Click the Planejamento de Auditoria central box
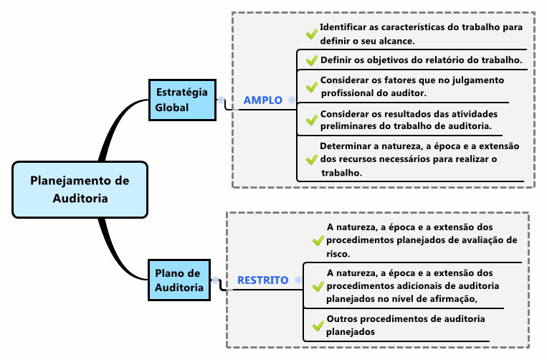(x=80, y=190)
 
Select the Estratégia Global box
(x=182, y=100)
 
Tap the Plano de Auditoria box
(x=179, y=280)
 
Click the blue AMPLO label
(x=262, y=100)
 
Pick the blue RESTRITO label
(x=262, y=280)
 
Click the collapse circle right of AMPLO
(x=292, y=100)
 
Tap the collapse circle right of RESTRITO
(x=298, y=280)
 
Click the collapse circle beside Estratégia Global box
(x=222, y=100)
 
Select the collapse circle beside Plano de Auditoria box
(x=215, y=280)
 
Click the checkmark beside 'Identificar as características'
(x=312, y=34)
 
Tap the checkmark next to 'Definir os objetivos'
(x=312, y=60)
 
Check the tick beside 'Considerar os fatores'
(x=312, y=87)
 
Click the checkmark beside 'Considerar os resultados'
(x=312, y=120)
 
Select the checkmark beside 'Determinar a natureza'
(x=312, y=159)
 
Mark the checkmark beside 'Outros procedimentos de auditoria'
(x=318, y=326)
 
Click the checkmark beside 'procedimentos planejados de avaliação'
(x=318, y=240)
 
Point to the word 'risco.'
(x=338, y=254)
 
